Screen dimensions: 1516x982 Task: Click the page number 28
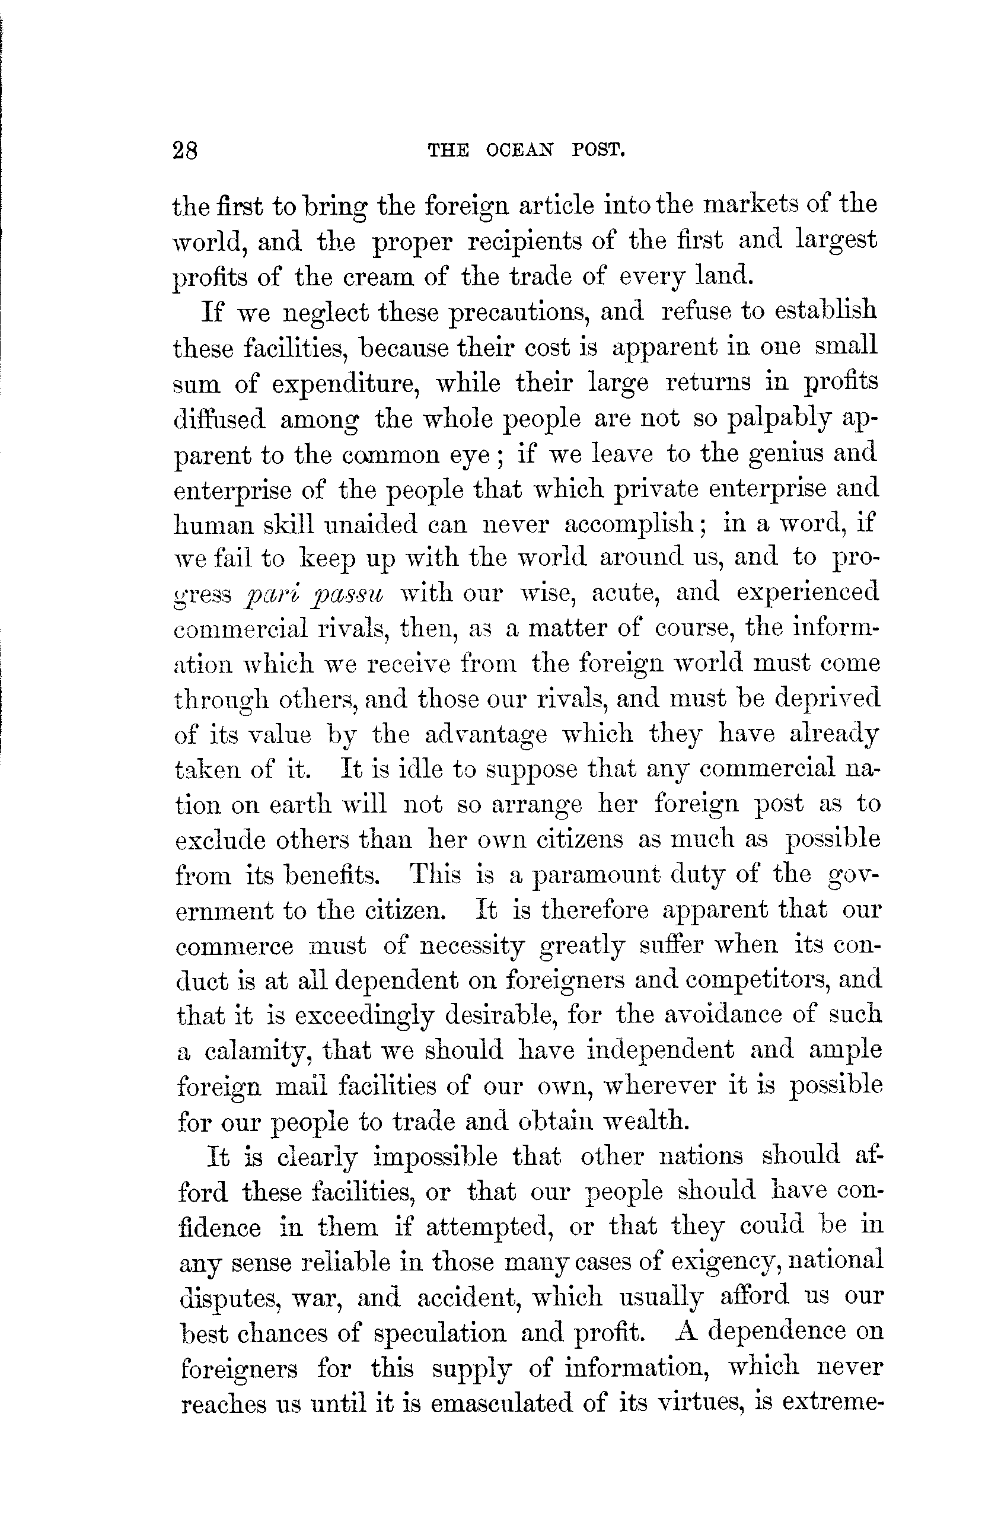(x=184, y=151)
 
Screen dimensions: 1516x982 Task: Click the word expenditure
(x=345, y=384)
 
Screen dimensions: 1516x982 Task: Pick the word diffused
(x=218, y=420)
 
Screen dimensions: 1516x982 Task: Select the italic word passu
(x=347, y=594)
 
